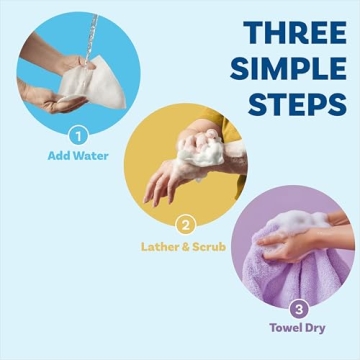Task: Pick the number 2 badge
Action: pyautogui.click(x=184, y=225)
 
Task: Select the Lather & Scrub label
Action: pyautogui.click(x=184, y=246)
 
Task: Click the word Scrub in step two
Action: pyautogui.click(x=208, y=246)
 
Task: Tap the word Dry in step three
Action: pyautogui.click(x=318, y=328)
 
